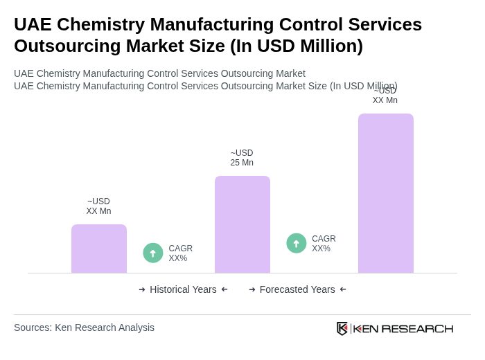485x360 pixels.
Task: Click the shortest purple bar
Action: pos(99,249)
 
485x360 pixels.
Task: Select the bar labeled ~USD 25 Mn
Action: pos(242,224)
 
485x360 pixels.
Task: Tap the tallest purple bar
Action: pos(386,193)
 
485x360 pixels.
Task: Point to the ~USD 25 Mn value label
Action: pos(242,158)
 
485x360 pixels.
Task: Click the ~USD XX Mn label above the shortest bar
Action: pos(98,206)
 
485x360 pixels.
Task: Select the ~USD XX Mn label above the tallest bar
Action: pos(385,96)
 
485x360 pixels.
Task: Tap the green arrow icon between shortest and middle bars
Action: pos(153,253)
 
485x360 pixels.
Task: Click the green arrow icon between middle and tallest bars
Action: pos(297,243)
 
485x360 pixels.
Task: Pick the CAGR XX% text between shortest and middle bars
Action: pos(180,253)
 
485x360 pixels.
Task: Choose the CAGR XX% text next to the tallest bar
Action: pos(324,244)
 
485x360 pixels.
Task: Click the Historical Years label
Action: pos(183,289)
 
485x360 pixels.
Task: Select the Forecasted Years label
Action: pos(297,289)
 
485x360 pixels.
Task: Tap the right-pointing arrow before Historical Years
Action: pos(142,289)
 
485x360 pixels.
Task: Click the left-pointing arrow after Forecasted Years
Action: pos(343,289)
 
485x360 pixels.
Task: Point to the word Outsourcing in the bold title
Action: pos(62,46)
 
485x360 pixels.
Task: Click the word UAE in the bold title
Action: pos(33,24)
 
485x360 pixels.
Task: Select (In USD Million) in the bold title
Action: pos(297,46)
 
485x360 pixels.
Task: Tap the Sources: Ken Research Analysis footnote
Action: pos(84,327)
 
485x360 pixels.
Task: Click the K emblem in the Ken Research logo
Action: pos(342,328)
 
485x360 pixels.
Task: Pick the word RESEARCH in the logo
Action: pos(417,328)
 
